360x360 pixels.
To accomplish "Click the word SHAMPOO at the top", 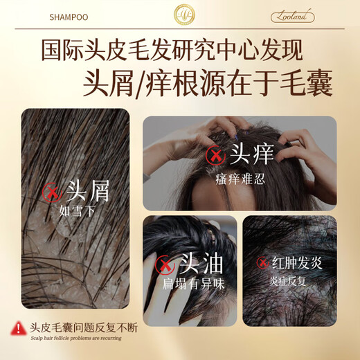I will (68, 15).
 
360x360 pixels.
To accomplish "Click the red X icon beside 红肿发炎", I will (262, 262).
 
